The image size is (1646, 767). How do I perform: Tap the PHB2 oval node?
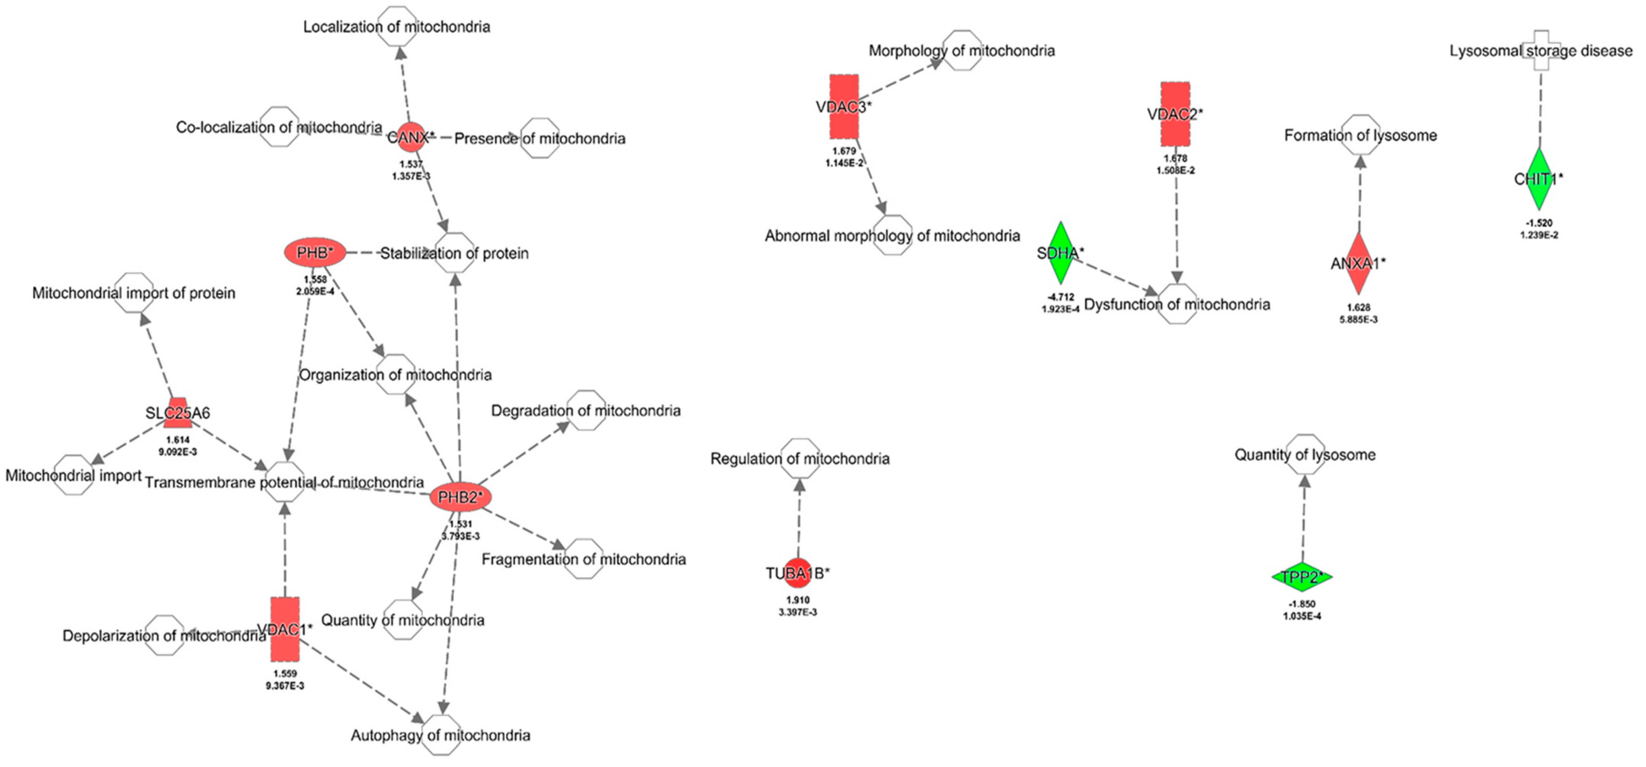[x=460, y=497]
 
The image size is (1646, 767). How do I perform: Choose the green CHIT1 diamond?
[x=1538, y=179]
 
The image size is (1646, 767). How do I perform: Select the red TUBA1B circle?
[x=798, y=573]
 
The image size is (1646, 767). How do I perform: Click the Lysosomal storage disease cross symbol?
[x=1541, y=52]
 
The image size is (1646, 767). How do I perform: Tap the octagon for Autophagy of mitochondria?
[x=441, y=735]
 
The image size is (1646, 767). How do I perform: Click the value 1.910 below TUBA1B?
[x=798, y=600]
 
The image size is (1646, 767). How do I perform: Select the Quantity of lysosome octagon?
[x=1305, y=454]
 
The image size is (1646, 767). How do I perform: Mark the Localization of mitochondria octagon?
[x=397, y=26]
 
